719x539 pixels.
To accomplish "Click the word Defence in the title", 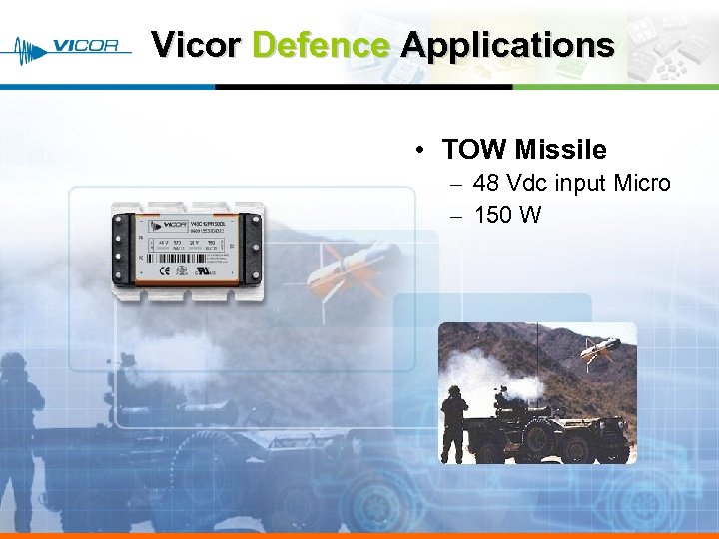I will click(x=321, y=45).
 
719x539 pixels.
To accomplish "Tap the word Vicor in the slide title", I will click(x=197, y=45).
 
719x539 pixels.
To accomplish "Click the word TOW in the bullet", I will click(x=475, y=150).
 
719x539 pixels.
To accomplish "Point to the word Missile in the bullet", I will click(x=560, y=150).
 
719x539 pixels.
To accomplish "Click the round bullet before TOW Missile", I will click(x=423, y=151).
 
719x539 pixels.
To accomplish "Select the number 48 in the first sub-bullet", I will click(x=486, y=184).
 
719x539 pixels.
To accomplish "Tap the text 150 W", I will click(x=507, y=215).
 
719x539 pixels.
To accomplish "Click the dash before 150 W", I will click(x=455, y=216).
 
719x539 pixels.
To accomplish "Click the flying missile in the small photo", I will click(x=600, y=348).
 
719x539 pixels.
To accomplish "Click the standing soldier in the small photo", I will click(x=454, y=424).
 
